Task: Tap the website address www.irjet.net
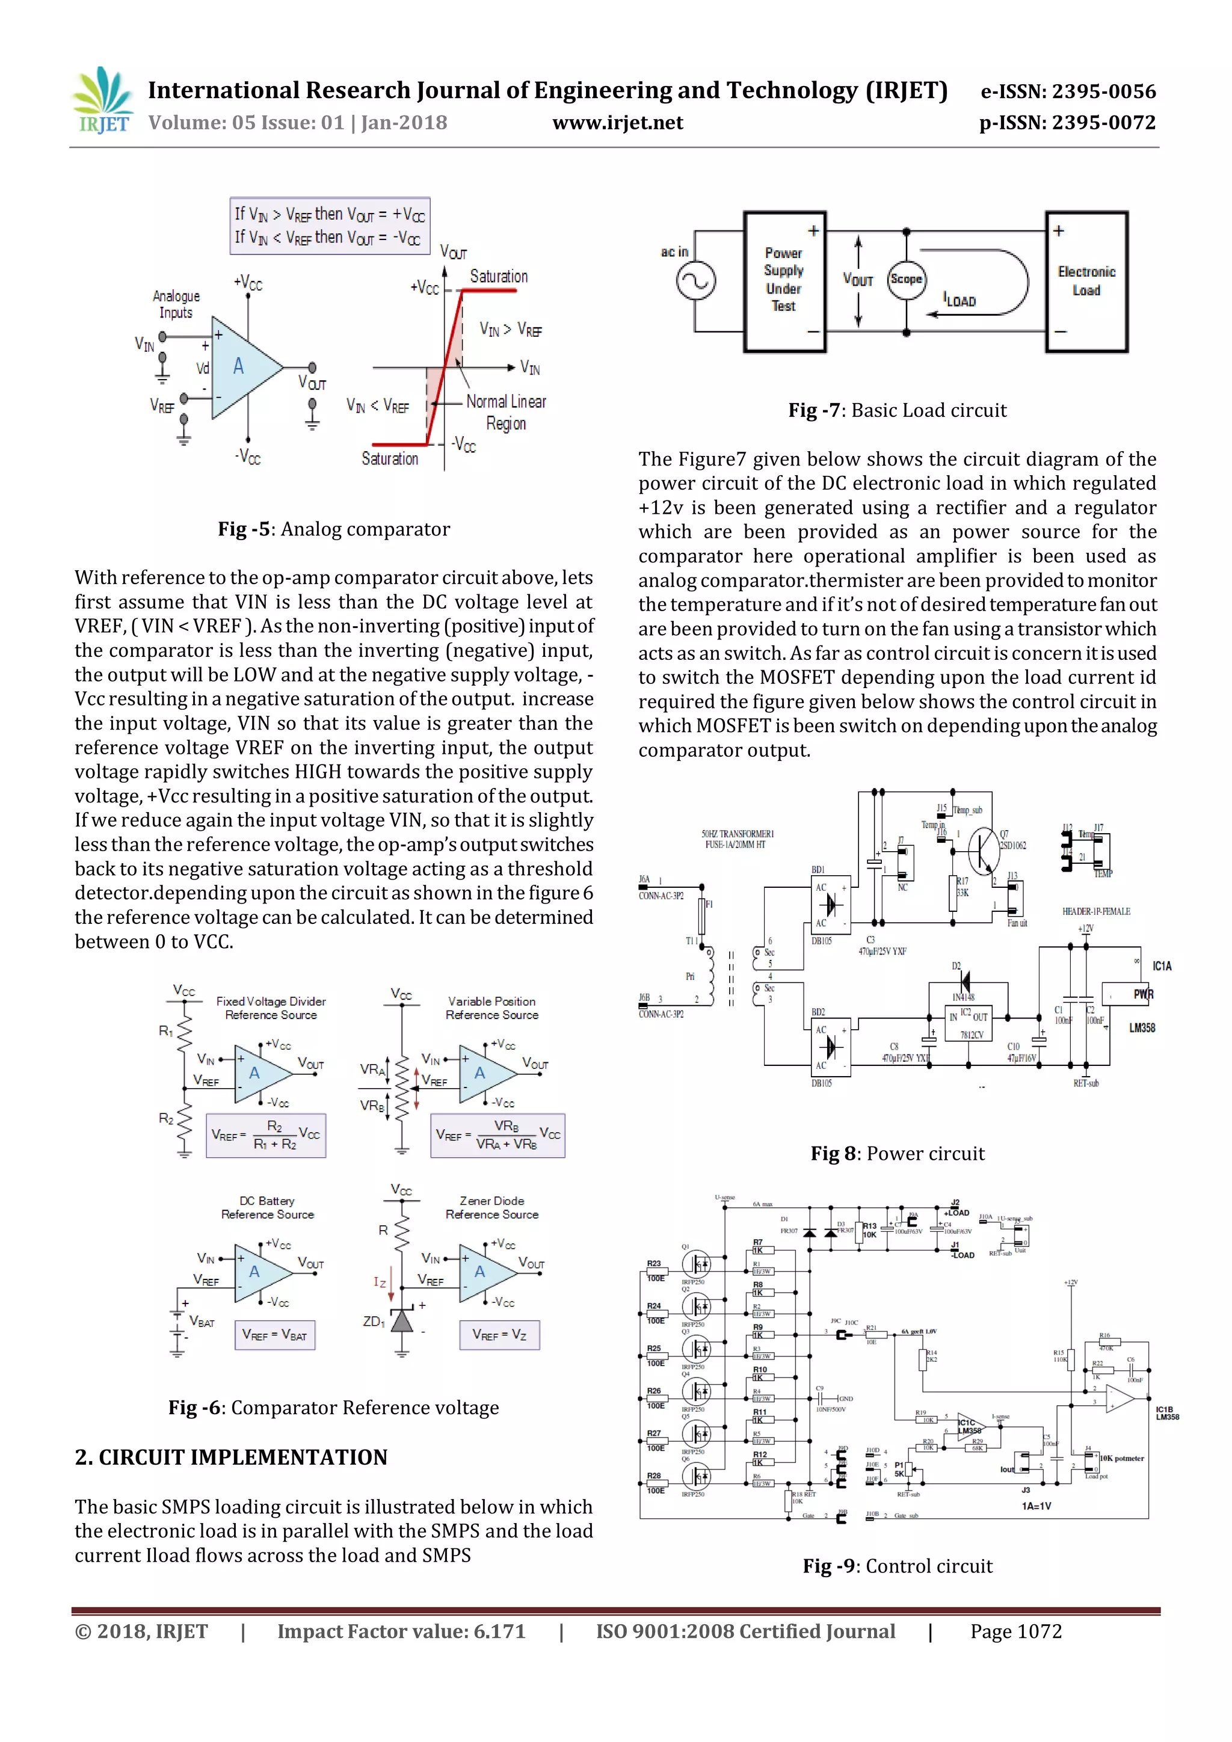pyautogui.click(x=618, y=123)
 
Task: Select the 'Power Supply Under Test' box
pyautogui.click(x=784, y=281)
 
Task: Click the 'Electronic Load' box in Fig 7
pyautogui.click(x=1086, y=282)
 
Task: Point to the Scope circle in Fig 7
pyautogui.click(x=906, y=279)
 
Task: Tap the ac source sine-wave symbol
pyautogui.click(x=695, y=282)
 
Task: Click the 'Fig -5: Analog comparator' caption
pyautogui.click(x=334, y=529)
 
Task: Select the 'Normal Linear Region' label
pyautogui.click(x=506, y=412)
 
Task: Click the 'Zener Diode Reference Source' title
pyautogui.click(x=491, y=1207)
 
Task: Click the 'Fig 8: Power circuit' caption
pyautogui.click(x=898, y=1154)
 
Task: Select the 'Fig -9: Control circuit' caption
pyautogui.click(x=898, y=1566)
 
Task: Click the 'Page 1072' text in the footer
pyautogui.click(x=1016, y=1632)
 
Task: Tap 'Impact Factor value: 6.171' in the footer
pyautogui.click(x=401, y=1632)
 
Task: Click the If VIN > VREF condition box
pyautogui.click(x=330, y=226)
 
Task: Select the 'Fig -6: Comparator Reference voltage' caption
pyautogui.click(x=334, y=1408)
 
